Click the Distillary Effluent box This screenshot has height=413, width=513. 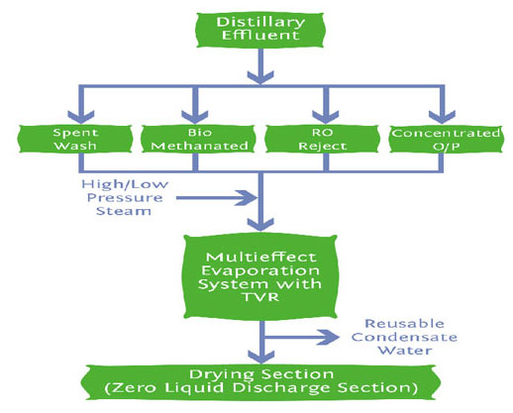coord(260,30)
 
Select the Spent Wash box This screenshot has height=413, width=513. coord(75,139)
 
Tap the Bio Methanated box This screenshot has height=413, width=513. coord(198,139)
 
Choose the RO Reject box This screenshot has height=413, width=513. coord(322,139)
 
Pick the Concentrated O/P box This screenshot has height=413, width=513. coord(447,139)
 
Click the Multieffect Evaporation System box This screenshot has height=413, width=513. coord(260,276)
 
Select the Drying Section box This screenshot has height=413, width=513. coord(260,381)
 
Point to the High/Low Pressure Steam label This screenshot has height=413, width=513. coord(125,197)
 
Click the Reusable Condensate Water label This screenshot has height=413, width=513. coord(404,337)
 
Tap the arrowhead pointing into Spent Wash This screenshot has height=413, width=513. coord(81,117)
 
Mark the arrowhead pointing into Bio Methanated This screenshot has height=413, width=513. coord(195,117)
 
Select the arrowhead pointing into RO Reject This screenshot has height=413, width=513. coord(326,117)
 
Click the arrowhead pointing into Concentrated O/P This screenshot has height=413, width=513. coord(442,117)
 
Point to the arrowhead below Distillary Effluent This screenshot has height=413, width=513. coord(260,77)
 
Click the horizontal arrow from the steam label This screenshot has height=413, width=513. coord(217,198)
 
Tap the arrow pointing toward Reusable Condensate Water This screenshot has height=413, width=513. coord(302,337)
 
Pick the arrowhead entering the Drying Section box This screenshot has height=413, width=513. coord(261,357)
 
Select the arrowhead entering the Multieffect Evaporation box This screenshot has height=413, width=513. coord(260,225)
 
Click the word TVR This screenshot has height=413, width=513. coord(260,297)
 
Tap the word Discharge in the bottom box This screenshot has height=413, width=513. coord(281,388)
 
